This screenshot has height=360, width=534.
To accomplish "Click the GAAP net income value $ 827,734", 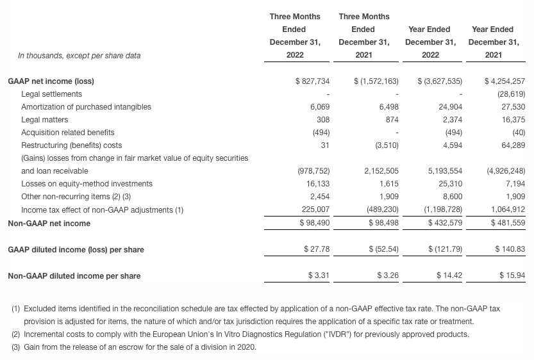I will [x=312, y=81].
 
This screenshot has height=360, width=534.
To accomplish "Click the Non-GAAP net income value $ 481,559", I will [x=506, y=223].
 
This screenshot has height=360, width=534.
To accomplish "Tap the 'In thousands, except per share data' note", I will [x=79, y=56].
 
